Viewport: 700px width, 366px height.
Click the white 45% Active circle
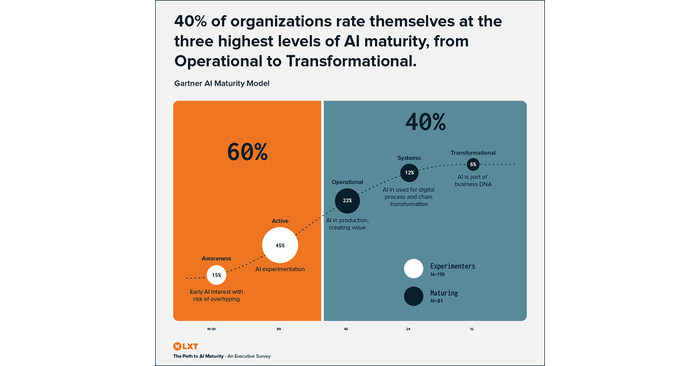pos(280,245)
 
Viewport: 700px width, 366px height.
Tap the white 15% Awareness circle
pos(216,275)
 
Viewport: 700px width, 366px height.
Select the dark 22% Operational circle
pos(347,200)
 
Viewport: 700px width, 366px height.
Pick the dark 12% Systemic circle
pos(409,173)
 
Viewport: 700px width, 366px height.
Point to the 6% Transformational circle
pos(473,164)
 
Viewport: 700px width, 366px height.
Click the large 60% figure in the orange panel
pos(247,152)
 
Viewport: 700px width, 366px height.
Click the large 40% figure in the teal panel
pos(425,122)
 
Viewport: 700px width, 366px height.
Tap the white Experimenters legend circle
pos(413,268)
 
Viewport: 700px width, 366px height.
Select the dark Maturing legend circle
pos(413,295)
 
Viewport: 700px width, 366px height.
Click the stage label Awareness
pos(216,258)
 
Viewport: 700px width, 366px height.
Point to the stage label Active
pos(280,220)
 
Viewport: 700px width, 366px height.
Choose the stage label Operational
pos(347,182)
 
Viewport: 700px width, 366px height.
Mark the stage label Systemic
pos(409,157)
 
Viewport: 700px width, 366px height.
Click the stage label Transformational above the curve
pos(473,152)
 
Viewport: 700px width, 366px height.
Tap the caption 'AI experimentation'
pos(280,270)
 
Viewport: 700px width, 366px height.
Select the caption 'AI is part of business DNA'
pos(473,181)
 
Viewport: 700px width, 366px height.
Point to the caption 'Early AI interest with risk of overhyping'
pos(216,295)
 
